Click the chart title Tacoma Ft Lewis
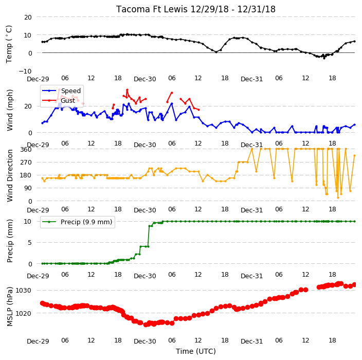(x=152, y=9)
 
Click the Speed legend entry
(x=61, y=91)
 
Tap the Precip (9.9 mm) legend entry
(x=77, y=222)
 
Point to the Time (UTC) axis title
(x=196, y=351)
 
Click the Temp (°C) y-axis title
(x=9, y=44)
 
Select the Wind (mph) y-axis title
(x=10, y=110)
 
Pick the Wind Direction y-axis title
(x=10, y=176)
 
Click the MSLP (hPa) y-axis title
(x=10, y=307)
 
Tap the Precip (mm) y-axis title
(x=10, y=241)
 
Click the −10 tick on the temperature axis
(x=25, y=71)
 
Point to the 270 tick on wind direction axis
(x=26, y=163)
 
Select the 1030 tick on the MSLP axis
(x=23, y=290)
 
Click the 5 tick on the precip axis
(x=29, y=243)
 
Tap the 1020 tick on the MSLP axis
(x=23, y=313)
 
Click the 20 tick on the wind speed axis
(x=28, y=106)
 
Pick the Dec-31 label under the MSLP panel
(x=251, y=341)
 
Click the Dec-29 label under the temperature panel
(x=38, y=79)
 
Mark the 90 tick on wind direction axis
(x=28, y=188)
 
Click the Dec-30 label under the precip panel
(x=145, y=276)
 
